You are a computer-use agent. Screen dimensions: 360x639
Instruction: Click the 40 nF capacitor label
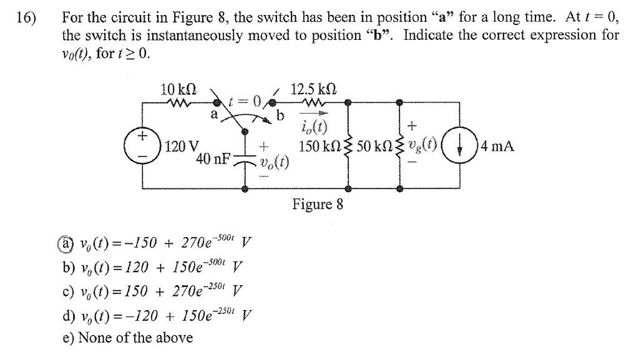212,159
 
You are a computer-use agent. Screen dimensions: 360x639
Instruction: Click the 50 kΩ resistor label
373,147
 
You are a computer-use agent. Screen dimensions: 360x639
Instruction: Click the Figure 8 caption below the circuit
317,205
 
